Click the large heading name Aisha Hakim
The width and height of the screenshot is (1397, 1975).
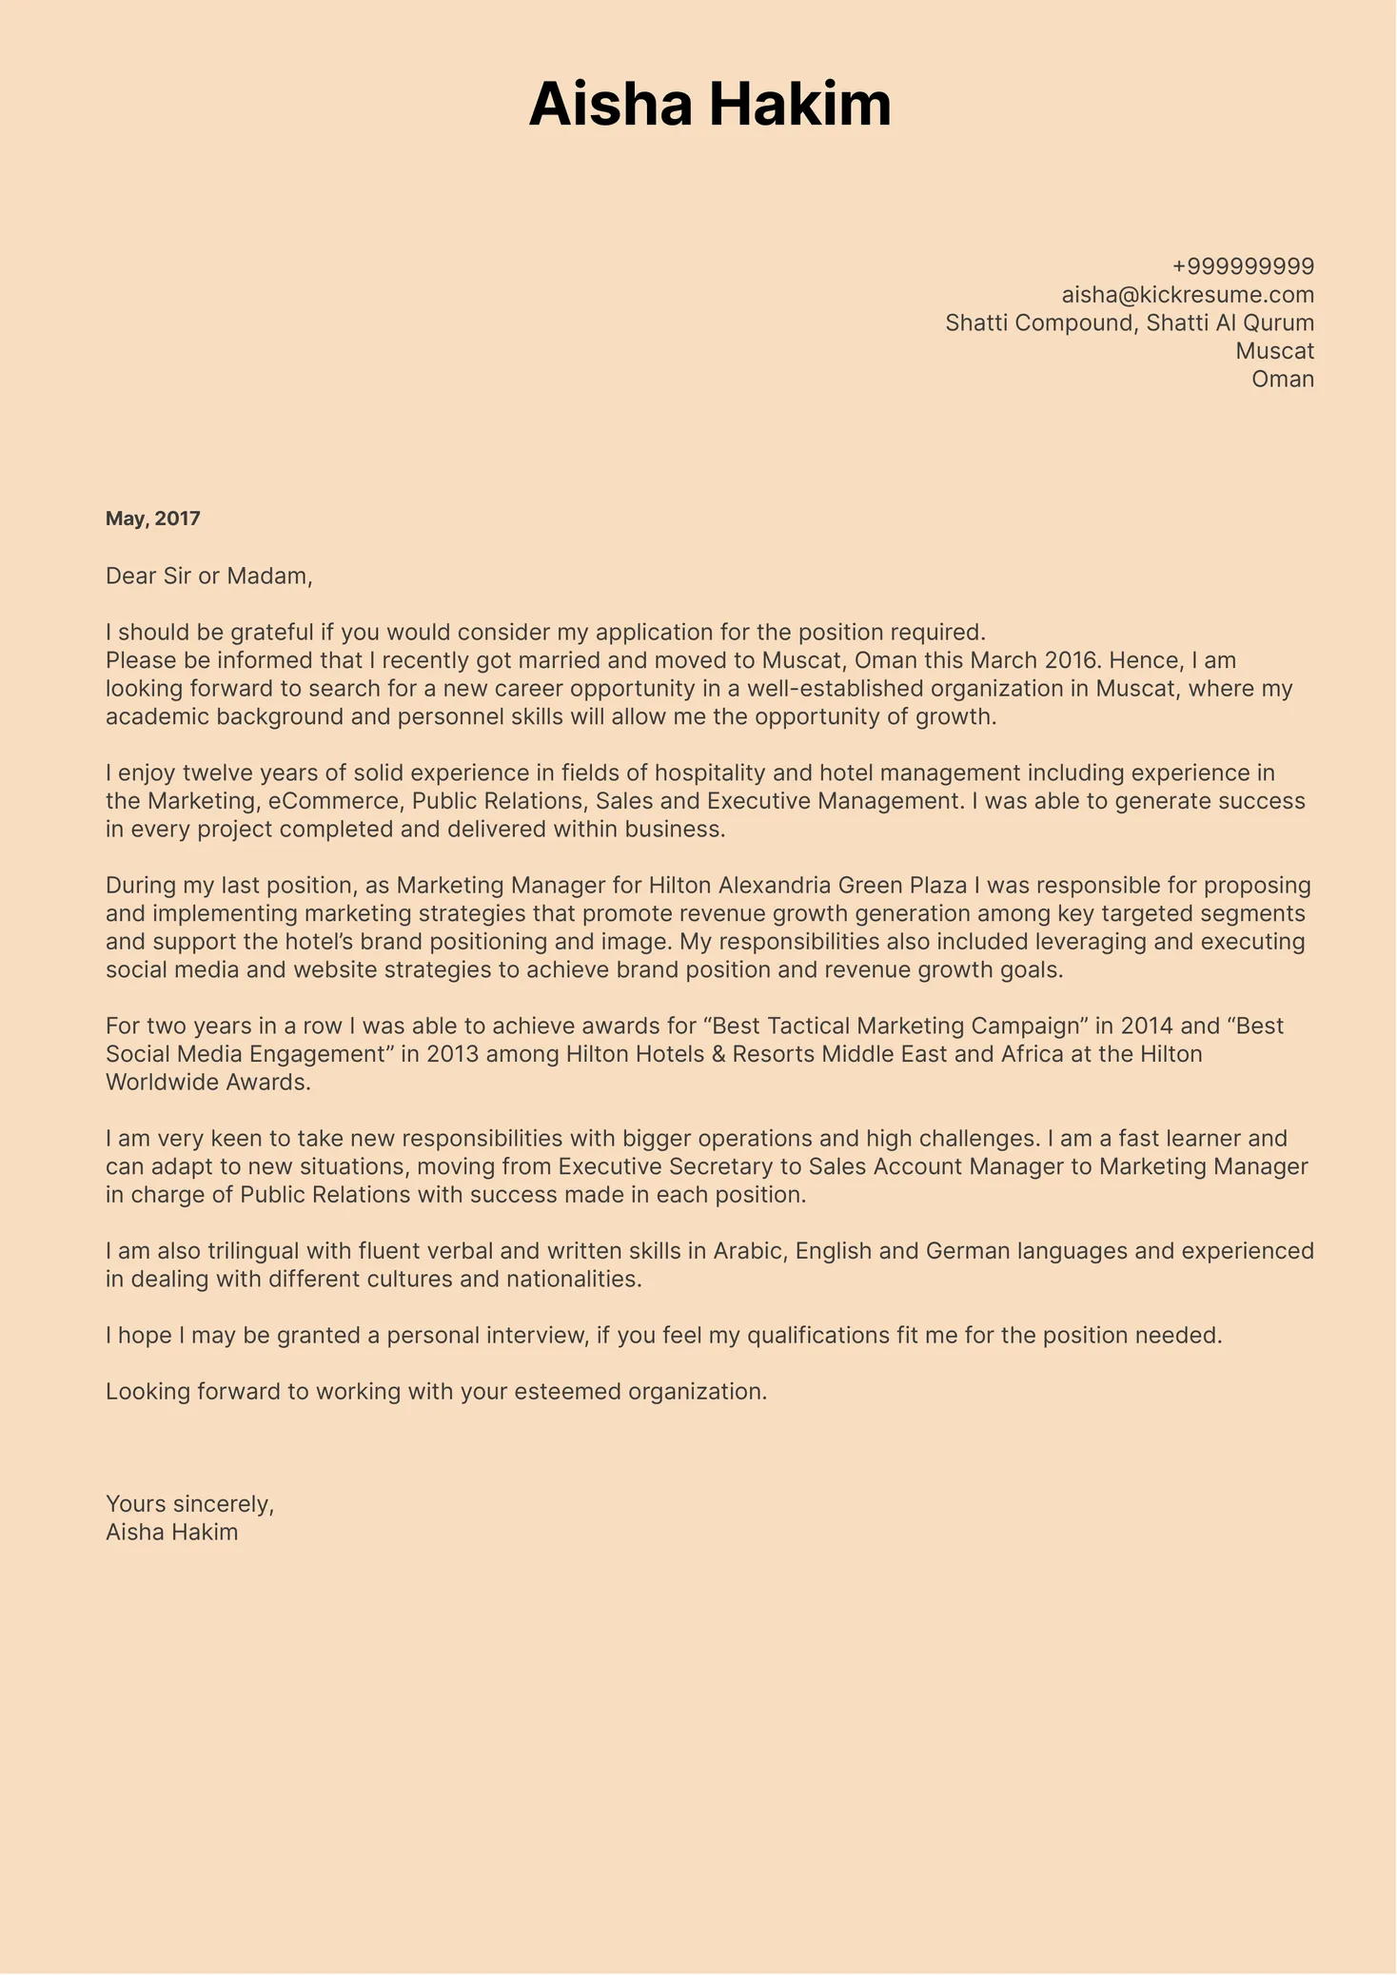[710, 104]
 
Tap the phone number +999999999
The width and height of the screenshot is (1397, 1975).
[1243, 266]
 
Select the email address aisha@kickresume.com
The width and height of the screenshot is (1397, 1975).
[1188, 295]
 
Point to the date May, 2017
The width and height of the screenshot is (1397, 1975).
[153, 519]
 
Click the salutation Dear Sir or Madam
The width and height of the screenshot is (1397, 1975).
[208, 576]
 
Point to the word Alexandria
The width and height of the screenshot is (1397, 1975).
[774, 886]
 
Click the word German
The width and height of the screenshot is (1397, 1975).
[967, 1251]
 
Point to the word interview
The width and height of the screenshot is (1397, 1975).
[536, 1336]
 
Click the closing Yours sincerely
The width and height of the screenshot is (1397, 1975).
[189, 1504]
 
